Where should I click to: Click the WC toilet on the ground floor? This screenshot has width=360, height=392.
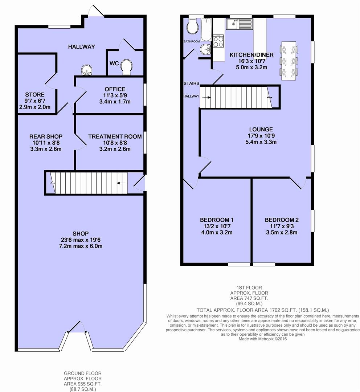point(127,68)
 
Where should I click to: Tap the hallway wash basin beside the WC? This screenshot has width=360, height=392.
point(87,70)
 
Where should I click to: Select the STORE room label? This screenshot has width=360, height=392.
point(35,95)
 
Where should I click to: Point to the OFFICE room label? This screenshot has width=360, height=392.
point(115,89)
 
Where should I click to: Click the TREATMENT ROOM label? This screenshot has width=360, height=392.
point(115,136)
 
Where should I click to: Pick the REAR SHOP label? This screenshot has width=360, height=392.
point(46,136)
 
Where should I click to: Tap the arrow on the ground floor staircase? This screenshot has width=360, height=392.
point(121,183)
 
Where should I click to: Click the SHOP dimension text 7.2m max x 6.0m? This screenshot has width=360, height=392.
point(81,246)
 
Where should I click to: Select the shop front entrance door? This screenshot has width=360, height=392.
point(76,327)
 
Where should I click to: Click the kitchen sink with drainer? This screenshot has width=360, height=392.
point(239,24)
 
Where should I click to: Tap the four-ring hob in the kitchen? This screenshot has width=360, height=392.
point(218,41)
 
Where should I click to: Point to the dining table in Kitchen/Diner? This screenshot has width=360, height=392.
point(289,61)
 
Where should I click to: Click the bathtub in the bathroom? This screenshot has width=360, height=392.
point(206,29)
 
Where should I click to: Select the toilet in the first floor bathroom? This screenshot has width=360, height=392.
point(193,26)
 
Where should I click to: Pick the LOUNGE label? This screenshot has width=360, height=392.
point(261,130)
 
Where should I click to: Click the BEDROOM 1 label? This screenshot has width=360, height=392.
point(217,220)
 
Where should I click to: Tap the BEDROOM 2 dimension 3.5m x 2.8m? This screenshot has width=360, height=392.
point(282,233)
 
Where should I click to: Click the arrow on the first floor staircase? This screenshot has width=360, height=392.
point(206,98)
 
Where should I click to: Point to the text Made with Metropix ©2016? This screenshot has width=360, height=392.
point(263,339)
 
